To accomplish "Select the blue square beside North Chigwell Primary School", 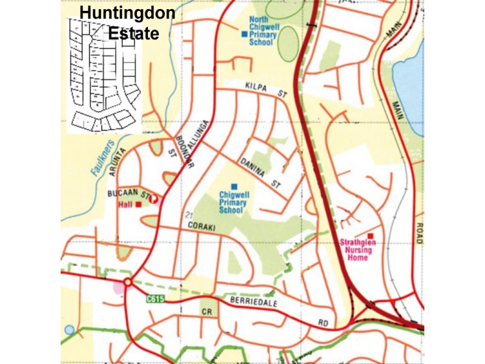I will pos(244,35).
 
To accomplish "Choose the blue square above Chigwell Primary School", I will pos(234,186).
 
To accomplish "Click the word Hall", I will pos(125,205).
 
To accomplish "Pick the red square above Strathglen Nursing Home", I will pos(370,236).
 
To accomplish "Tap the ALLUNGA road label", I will pos(202,131).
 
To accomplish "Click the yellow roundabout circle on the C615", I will pos(127,282).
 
